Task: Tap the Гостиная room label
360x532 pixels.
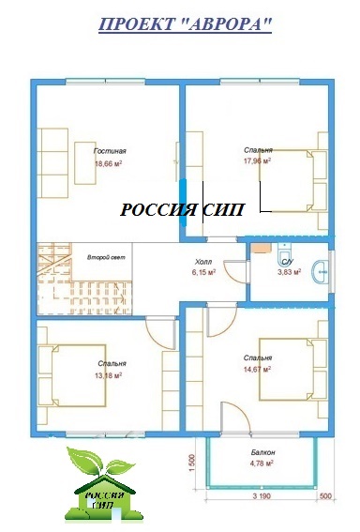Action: click(x=110, y=151)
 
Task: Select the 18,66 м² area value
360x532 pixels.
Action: click(x=109, y=163)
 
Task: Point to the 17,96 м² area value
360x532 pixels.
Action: click(x=257, y=160)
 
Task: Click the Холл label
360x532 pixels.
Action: click(x=203, y=262)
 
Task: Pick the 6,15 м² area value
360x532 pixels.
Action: click(x=203, y=272)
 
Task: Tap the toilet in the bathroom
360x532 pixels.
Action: click(x=284, y=252)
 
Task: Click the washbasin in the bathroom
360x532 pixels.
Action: click(x=321, y=271)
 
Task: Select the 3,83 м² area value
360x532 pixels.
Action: click(x=289, y=272)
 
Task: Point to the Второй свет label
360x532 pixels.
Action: click(x=106, y=257)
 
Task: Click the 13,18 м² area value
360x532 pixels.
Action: click(x=109, y=375)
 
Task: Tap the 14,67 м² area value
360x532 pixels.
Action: click(x=257, y=369)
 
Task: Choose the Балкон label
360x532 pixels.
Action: click(x=263, y=452)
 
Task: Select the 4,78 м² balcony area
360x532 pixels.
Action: click(x=262, y=464)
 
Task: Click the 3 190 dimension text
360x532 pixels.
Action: click(x=262, y=496)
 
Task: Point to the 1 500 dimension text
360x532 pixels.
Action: click(x=191, y=464)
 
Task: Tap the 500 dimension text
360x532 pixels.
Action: click(x=325, y=496)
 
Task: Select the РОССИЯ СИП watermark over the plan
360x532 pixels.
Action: click(x=182, y=209)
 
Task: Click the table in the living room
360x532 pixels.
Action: click(x=85, y=163)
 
